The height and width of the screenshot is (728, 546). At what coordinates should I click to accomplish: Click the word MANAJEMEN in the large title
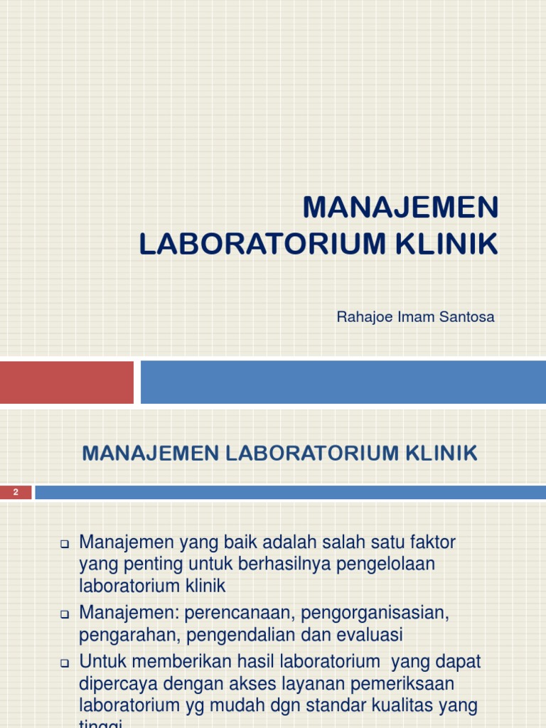[401, 208]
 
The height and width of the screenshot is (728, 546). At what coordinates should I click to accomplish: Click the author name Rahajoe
[363, 316]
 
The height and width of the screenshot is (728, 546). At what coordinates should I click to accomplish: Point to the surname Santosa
[466, 316]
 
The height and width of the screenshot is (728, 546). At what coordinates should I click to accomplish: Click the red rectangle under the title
[66, 382]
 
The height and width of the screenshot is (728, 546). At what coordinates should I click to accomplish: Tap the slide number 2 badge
[15, 492]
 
